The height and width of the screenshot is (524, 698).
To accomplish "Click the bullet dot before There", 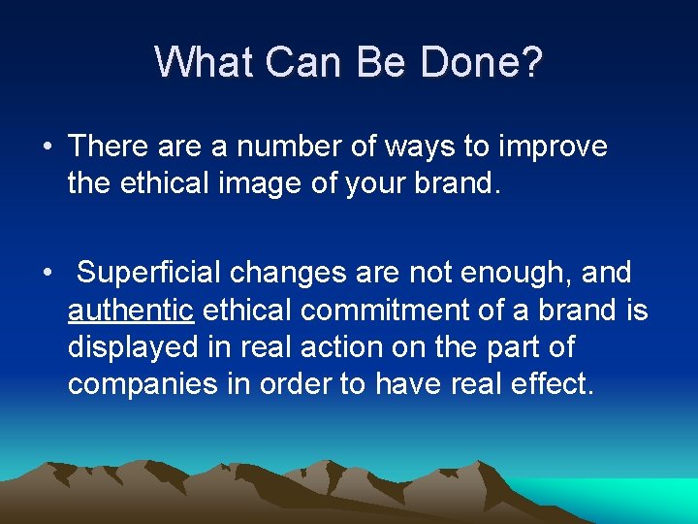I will click(47, 147).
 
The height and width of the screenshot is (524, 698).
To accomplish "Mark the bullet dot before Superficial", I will click(47, 274).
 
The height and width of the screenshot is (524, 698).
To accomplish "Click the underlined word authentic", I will click(131, 311).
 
